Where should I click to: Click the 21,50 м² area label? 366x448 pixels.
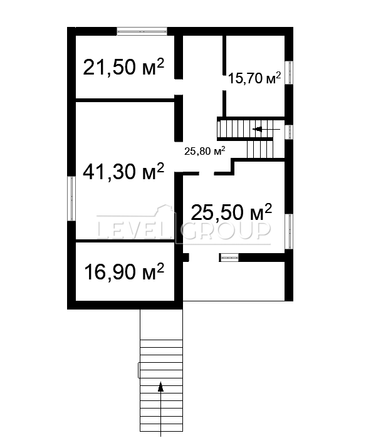(123, 67)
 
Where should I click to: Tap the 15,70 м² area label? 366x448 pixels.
(254, 78)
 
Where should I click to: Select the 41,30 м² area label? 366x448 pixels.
(123, 172)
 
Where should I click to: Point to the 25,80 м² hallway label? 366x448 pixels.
(204, 151)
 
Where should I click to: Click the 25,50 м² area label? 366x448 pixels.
(231, 212)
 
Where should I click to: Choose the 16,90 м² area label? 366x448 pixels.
(124, 272)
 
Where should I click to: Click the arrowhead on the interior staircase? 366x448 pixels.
(258, 129)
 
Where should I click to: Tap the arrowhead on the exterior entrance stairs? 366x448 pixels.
(161, 387)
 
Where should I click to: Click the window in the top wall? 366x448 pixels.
(142, 31)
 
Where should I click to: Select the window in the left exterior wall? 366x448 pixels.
(71, 198)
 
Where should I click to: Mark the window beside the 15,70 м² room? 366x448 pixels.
(289, 72)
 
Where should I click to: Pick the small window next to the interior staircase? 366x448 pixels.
(289, 132)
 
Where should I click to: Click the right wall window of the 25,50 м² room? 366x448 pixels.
(289, 231)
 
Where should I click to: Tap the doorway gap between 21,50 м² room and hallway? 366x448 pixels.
(179, 87)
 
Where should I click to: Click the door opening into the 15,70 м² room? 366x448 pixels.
(224, 83)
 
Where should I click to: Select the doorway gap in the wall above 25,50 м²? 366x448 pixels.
(207, 174)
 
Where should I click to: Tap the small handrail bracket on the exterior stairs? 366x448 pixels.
(139, 370)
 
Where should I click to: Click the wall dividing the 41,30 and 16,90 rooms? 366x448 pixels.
(125, 241)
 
